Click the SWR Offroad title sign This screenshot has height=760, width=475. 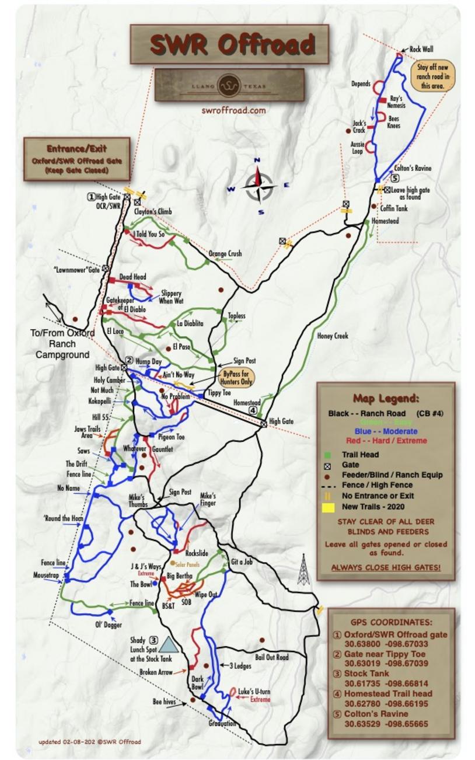(x=229, y=44)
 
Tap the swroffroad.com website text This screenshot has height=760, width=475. (x=233, y=110)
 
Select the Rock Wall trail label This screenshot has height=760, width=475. (x=421, y=50)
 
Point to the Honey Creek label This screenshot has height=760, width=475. (x=333, y=336)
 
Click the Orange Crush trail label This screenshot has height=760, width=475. (x=225, y=254)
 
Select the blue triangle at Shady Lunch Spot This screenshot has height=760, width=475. (x=168, y=644)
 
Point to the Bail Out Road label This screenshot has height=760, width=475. (x=272, y=657)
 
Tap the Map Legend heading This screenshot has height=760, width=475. (x=386, y=399)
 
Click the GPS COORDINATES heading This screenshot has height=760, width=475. (x=392, y=622)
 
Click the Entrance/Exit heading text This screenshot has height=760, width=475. (x=76, y=148)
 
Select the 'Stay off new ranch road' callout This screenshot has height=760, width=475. (x=432, y=76)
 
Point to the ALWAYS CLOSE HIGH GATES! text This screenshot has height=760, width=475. (x=386, y=567)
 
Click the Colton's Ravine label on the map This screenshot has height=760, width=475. (x=413, y=168)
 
